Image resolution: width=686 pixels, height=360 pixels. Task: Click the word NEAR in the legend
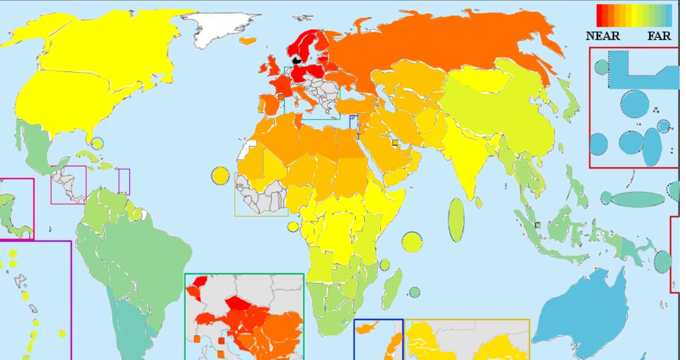[603, 36]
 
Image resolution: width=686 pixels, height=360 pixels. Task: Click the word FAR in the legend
[659, 36]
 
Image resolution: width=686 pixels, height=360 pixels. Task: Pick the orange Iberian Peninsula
[270, 105]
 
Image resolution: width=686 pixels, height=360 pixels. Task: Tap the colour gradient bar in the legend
[633, 16]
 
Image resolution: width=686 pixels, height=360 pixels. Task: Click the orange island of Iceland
[248, 41]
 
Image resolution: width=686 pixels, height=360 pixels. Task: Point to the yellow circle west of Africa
[220, 175]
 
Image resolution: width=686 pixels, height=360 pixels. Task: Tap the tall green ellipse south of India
[456, 219]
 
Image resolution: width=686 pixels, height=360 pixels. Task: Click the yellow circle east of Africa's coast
[412, 242]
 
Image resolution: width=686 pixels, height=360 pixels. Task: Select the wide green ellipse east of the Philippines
[639, 199]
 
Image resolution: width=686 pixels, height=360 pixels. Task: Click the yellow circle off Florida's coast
[97, 143]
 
